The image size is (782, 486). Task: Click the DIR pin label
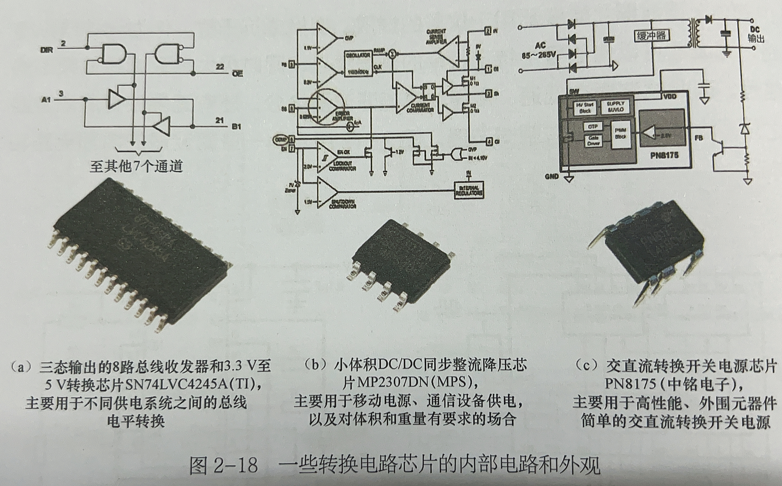[47, 50]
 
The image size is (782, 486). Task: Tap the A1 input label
[46, 100]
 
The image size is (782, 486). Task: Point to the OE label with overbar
[237, 74]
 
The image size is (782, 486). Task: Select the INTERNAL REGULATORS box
[469, 190]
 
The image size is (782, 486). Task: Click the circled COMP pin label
[279, 139]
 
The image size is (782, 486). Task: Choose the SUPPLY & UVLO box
[615, 107]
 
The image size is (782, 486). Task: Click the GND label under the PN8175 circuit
[552, 177]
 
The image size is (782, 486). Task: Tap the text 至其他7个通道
[136, 166]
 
